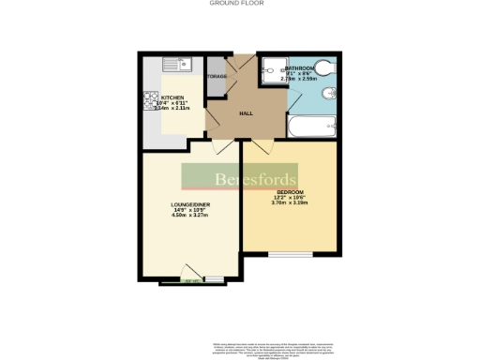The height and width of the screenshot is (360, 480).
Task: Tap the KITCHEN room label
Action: pos(172,97)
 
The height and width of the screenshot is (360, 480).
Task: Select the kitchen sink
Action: pos(175,66)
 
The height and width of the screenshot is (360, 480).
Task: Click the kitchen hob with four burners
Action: pos(149,99)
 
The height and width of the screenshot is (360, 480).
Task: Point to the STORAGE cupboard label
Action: pos(217,76)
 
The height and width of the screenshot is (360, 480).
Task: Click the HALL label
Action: pos(246,113)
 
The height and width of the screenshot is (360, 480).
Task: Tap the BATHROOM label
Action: pos(300,69)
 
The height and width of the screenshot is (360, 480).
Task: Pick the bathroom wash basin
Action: pos(324,97)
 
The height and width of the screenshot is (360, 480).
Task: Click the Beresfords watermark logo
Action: pos(239,177)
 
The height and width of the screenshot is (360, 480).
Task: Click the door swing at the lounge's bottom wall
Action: pos(190,280)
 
